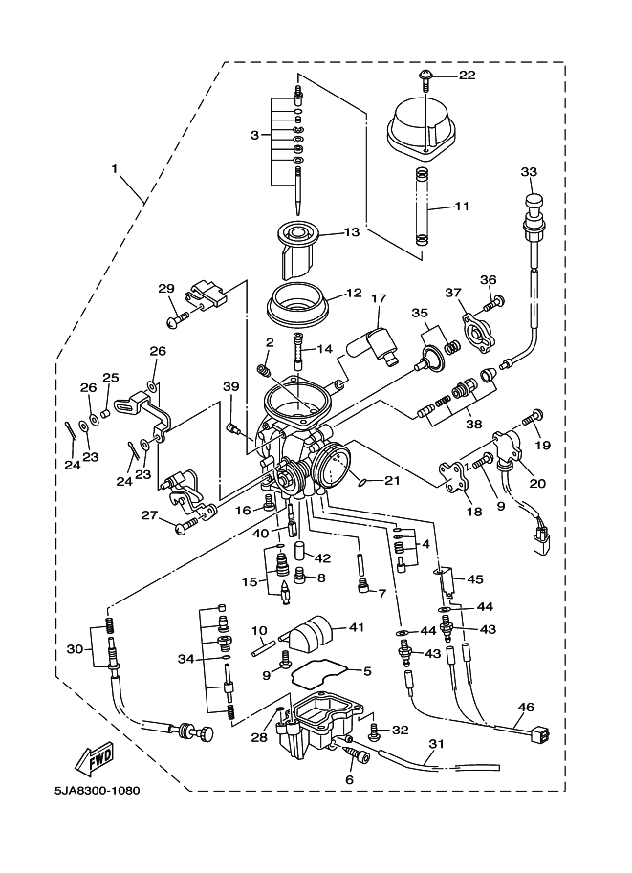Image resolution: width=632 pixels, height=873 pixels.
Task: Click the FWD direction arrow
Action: click(95, 758)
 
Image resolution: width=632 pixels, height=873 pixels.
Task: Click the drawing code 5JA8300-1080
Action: click(97, 790)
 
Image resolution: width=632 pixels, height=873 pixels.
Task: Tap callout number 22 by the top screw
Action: click(468, 76)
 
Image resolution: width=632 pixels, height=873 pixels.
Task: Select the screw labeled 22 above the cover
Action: click(425, 79)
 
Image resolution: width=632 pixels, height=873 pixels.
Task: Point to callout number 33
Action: click(529, 171)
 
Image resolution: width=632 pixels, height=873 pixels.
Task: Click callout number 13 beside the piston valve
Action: click(352, 231)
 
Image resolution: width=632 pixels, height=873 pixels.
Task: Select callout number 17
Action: click(378, 299)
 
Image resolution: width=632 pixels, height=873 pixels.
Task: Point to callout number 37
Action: click(453, 293)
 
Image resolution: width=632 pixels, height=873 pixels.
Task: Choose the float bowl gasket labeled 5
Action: click(325, 672)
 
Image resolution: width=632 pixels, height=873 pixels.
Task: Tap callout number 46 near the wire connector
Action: click(525, 707)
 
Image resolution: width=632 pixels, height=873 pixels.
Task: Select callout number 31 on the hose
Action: click(437, 743)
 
